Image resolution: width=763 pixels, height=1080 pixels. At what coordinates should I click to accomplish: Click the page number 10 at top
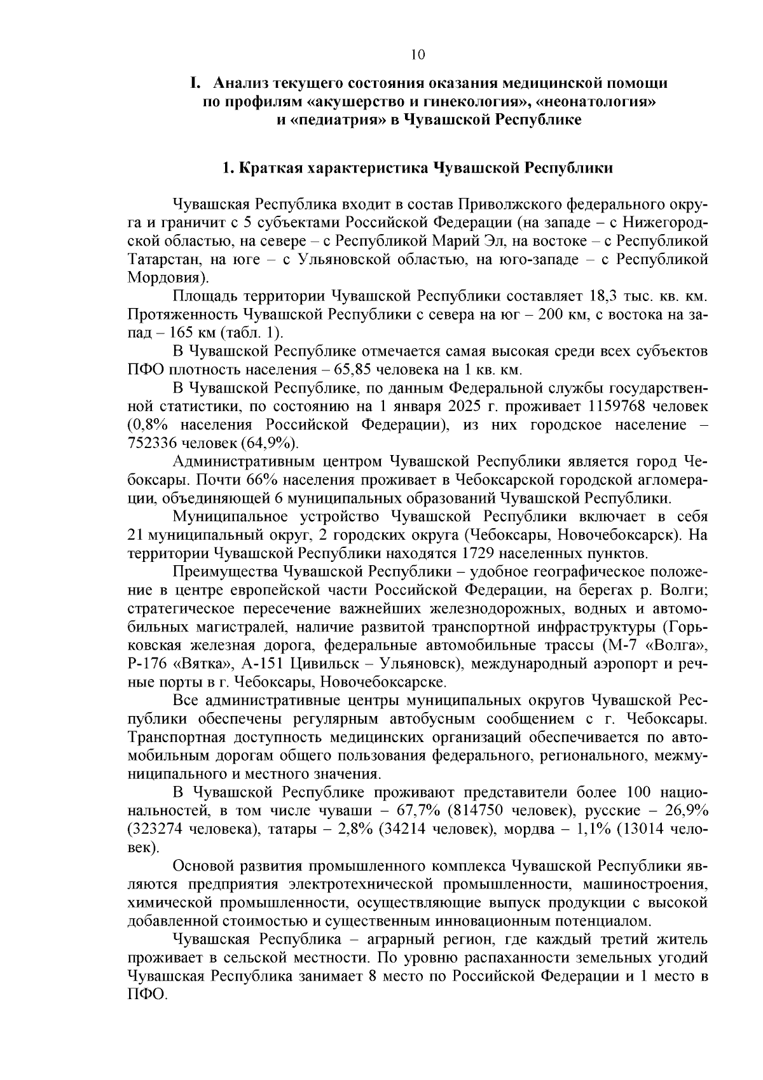pos(418,55)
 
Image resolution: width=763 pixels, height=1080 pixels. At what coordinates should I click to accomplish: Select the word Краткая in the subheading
pos(271,168)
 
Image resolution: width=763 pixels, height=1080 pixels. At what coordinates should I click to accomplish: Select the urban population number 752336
pos(155,443)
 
